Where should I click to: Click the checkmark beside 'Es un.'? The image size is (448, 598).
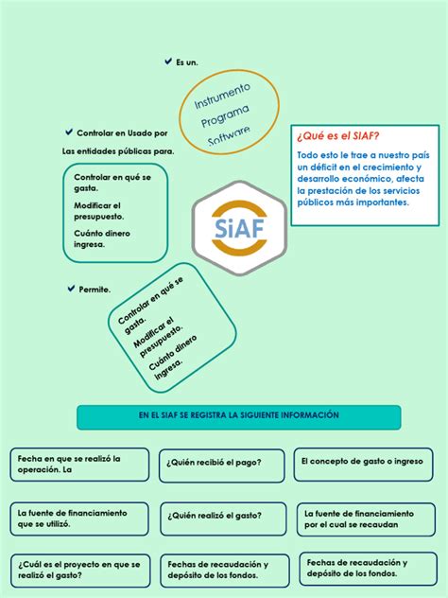pyautogui.click(x=167, y=62)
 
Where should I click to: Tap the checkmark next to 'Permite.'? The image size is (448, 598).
pyautogui.click(x=71, y=288)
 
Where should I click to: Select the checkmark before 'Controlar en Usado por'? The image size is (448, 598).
pyautogui.click(x=68, y=132)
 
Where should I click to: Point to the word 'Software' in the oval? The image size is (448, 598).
pyautogui.click(x=230, y=136)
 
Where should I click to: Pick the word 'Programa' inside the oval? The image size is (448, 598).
pyautogui.click(x=227, y=115)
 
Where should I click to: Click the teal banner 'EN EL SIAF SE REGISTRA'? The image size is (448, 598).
pyautogui.click(x=238, y=415)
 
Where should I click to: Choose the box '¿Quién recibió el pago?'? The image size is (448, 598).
pyautogui.click(x=221, y=464)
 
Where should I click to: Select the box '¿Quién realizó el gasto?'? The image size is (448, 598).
pyautogui.click(x=223, y=516)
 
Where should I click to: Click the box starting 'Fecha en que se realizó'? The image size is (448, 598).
pyautogui.click(x=79, y=464)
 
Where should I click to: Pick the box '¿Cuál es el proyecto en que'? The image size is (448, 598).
pyautogui.click(x=79, y=569)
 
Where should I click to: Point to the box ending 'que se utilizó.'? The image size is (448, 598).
pyautogui.click(x=79, y=518)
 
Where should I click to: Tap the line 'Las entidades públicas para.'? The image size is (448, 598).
pyautogui.click(x=118, y=151)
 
